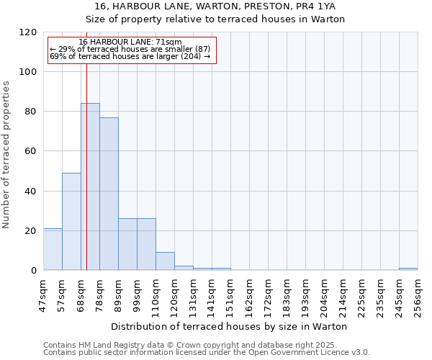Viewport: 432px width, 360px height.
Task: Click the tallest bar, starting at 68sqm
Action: [90, 187]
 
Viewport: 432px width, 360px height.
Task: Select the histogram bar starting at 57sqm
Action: [71, 222]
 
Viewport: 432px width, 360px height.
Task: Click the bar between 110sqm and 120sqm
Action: [165, 261]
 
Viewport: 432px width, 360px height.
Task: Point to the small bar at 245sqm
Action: [408, 269]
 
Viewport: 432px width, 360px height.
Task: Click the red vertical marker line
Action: [86, 180]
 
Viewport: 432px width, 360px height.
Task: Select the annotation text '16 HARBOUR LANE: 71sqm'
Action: [130, 42]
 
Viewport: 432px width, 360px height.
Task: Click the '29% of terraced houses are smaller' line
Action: [130, 49]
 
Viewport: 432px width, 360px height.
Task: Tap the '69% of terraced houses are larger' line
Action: [130, 56]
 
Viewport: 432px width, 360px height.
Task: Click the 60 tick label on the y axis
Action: [31, 151]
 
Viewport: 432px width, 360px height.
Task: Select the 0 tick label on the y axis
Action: [34, 271]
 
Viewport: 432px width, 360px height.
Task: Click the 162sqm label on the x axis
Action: [249, 296]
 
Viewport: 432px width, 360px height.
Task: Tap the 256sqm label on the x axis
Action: [418, 296]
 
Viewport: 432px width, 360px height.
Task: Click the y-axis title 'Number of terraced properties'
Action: [6, 155]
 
